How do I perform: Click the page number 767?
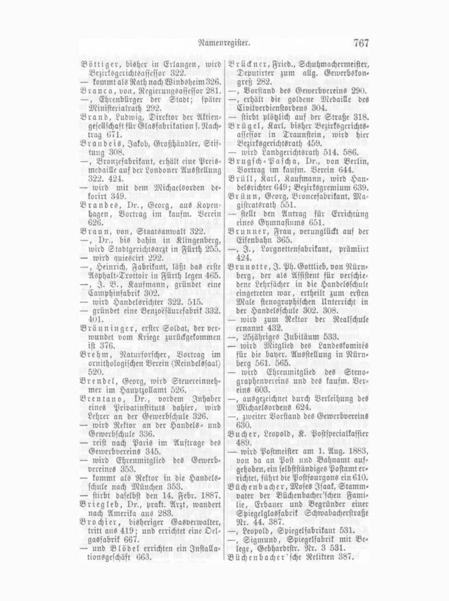coord(360,44)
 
